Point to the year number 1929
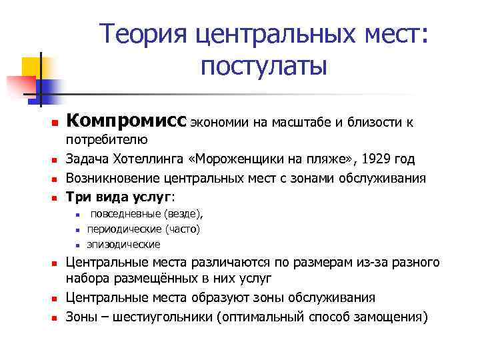(375, 160)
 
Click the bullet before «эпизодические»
(78, 245)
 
